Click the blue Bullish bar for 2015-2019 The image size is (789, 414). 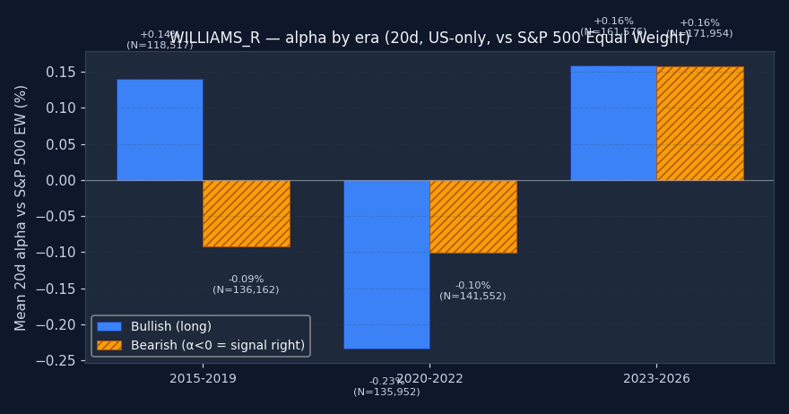point(160,130)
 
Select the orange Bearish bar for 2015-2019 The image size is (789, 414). point(246,213)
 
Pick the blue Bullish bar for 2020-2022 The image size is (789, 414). point(386,264)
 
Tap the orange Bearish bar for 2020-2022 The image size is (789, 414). point(473,217)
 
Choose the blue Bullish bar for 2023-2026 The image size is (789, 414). point(613,123)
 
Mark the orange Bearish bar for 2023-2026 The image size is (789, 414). point(699,123)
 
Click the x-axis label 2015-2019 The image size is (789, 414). point(203,379)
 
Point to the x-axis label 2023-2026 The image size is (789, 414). point(656,379)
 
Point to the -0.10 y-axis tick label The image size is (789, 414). point(61,253)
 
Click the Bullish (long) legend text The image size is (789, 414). point(171,327)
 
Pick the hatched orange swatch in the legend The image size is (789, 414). point(109,345)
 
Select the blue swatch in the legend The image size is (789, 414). point(109,327)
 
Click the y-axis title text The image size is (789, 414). point(22,207)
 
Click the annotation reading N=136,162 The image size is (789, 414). point(246,290)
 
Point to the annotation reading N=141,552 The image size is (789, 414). point(473,297)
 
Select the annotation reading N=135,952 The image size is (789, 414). point(386,392)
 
